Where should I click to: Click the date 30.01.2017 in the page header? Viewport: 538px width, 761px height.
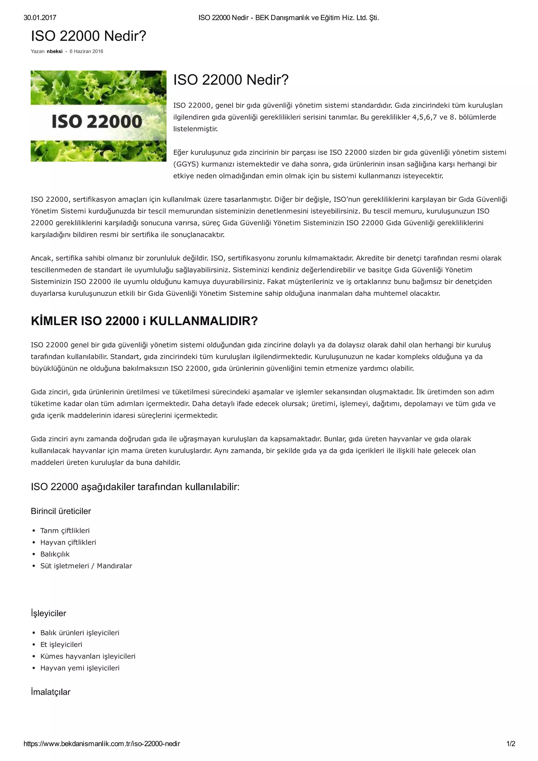click(40, 18)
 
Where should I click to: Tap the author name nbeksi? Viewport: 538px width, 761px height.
click(55, 51)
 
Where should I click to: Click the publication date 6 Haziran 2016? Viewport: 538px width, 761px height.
click(86, 51)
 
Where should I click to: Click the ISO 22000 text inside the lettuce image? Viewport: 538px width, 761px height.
click(97, 121)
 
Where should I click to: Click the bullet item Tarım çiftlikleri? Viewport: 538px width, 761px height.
click(65, 531)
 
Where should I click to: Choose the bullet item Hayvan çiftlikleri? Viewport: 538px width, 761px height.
click(68, 542)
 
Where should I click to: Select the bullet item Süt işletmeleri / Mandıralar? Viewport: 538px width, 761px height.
click(86, 566)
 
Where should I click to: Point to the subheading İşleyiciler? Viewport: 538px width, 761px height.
click(48, 613)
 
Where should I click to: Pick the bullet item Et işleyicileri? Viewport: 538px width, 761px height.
click(61, 644)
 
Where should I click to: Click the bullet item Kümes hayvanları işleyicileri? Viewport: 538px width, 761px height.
click(88, 656)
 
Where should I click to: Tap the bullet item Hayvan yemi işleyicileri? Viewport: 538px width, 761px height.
click(80, 668)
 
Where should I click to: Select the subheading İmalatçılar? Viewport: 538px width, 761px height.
click(50, 692)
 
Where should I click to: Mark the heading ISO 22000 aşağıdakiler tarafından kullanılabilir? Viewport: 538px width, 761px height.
click(135, 487)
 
